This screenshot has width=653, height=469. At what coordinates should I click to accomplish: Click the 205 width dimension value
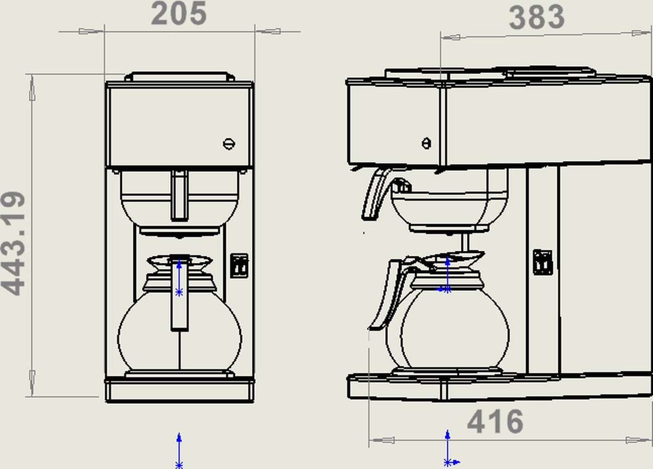click(x=179, y=14)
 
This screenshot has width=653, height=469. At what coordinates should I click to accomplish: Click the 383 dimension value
click(x=537, y=17)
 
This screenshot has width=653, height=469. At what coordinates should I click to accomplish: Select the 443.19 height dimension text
click(x=13, y=243)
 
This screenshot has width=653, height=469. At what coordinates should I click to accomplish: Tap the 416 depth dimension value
click(x=495, y=422)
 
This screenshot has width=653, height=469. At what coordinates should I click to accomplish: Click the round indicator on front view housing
click(x=229, y=144)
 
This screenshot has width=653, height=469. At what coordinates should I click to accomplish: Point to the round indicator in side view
click(x=427, y=144)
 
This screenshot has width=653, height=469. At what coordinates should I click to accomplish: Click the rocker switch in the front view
click(x=239, y=266)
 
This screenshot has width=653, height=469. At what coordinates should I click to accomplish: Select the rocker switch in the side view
click(x=543, y=262)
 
